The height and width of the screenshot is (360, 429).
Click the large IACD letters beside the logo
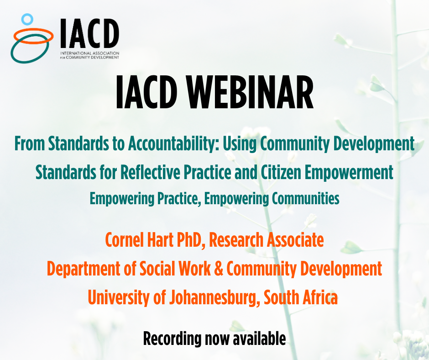(x=90, y=33)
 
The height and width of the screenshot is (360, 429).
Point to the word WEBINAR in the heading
(x=251, y=92)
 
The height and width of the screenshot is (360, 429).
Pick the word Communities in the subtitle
(x=306, y=199)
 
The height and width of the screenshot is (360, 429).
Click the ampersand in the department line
(x=219, y=269)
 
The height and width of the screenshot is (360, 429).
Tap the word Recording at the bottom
(x=173, y=339)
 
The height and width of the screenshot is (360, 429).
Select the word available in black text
(x=259, y=339)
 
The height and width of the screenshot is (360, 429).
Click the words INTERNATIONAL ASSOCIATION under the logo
(x=90, y=53)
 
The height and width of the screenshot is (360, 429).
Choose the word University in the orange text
(x=119, y=298)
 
